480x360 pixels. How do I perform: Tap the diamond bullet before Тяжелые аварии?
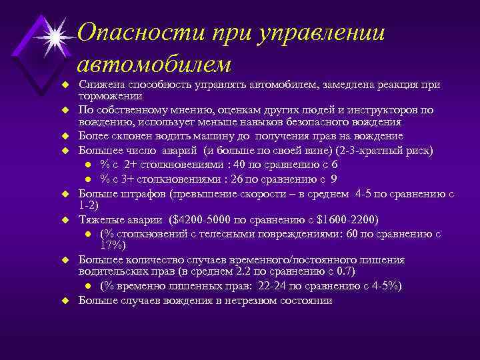66,219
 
